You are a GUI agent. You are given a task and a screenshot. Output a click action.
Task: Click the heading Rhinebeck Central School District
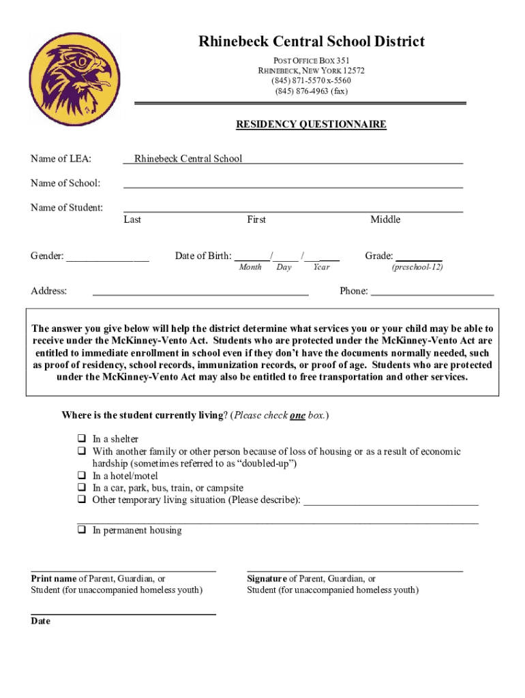pos(312,42)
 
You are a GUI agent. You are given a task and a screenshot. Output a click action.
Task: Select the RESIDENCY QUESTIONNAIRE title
pos(311,125)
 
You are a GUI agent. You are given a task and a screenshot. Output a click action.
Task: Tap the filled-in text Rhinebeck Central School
pos(188,159)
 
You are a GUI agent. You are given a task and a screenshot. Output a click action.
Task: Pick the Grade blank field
pos(419,257)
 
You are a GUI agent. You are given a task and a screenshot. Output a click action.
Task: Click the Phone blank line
pos(432,291)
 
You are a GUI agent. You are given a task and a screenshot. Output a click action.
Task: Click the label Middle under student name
pos(385,219)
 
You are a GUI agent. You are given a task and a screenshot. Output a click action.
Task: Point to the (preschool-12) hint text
pos(417,267)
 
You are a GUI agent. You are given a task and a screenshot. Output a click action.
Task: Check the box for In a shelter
pos(80,439)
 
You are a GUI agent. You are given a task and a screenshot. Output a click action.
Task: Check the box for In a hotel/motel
pos(80,476)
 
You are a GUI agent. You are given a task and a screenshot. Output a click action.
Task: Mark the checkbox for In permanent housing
pos(80,530)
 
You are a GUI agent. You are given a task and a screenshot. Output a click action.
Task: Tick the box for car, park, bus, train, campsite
pos(80,488)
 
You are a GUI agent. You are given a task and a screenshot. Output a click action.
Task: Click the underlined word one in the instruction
pos(297,415)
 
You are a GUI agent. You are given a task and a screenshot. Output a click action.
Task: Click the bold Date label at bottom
pos(40,622)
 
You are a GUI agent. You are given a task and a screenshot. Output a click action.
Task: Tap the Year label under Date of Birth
pos(321,267)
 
